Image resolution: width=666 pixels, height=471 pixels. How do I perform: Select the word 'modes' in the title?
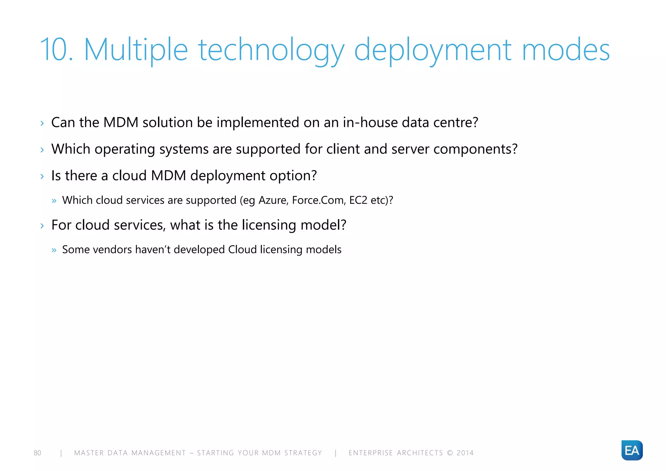[x=566, y=50]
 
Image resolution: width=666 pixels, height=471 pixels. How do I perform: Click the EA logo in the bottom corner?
[x=632, y=450]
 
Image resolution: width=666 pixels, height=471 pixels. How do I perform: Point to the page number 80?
[x=37, y=453]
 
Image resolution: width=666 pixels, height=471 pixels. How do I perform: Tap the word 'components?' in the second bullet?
[x=475, y=149]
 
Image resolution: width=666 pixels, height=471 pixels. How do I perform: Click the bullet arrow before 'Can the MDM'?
[x=42, y=123]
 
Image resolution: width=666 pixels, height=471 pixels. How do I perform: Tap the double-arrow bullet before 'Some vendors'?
[x=54, y=250]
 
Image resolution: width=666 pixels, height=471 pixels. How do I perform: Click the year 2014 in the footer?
[x=465, y=453]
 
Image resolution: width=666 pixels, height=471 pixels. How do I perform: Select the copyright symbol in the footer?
[x=450, y=453]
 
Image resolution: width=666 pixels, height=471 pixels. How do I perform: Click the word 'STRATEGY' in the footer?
[x=303, y=453]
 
